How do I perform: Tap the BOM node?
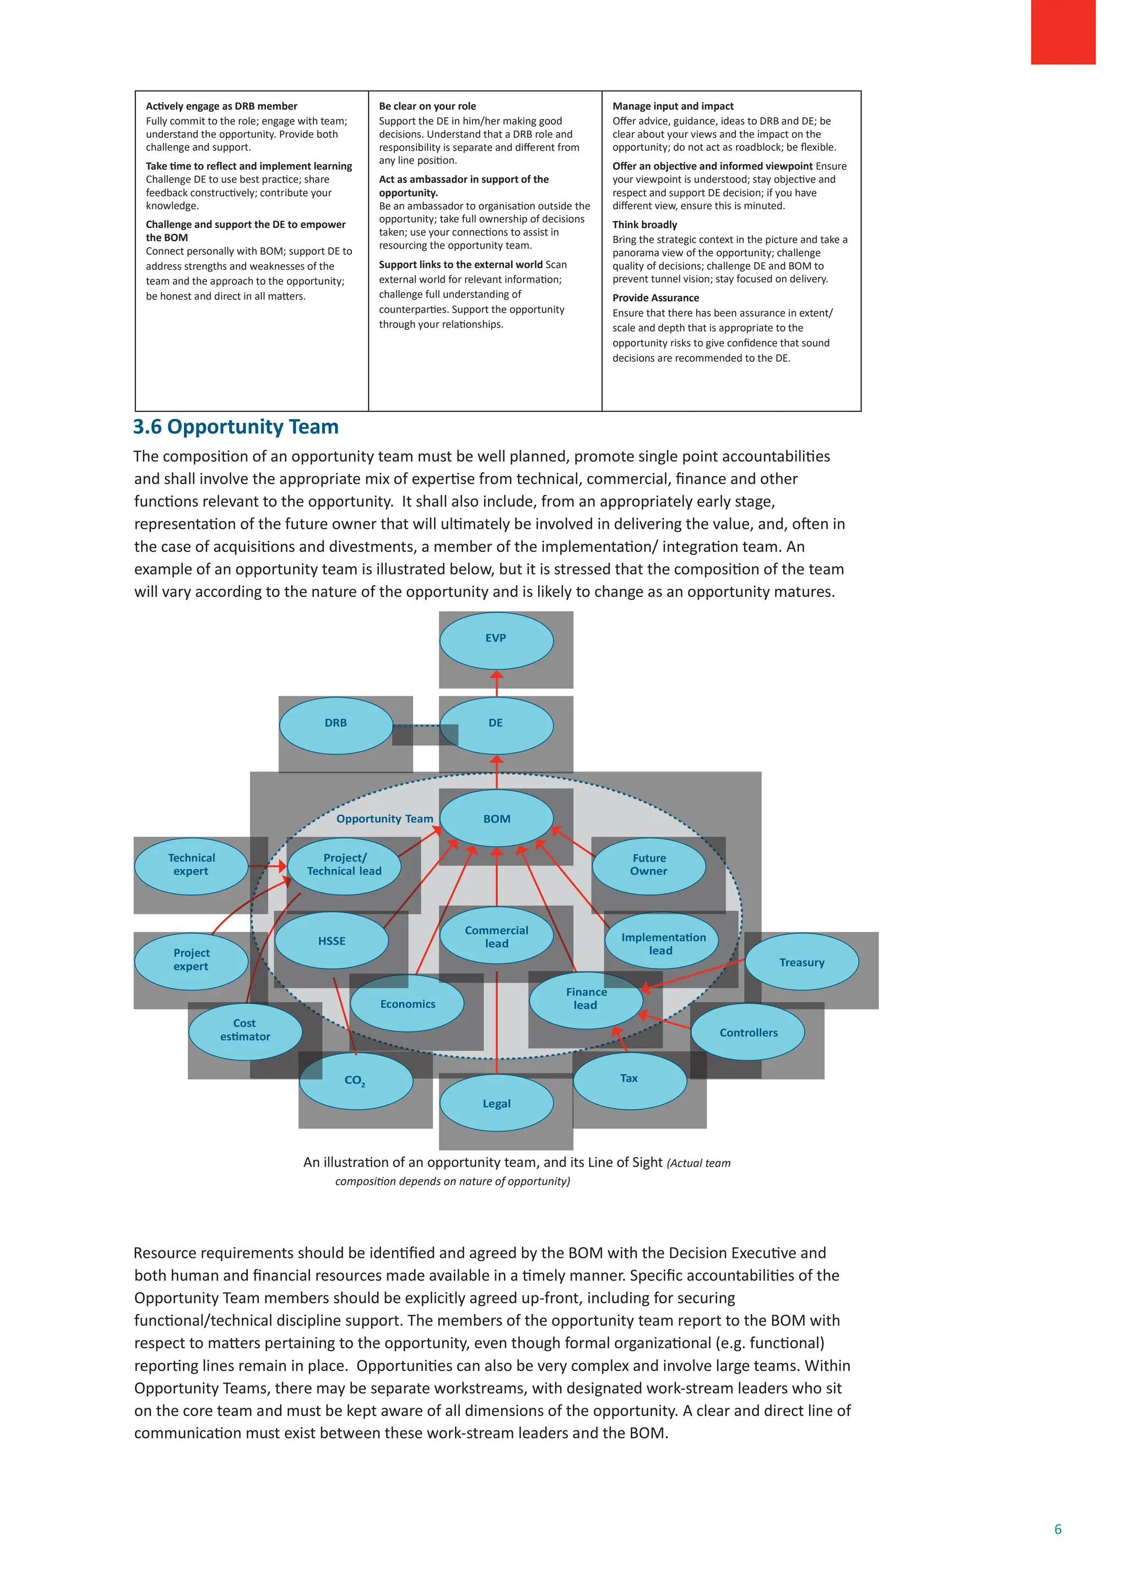[497, 819]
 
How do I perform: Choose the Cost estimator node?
[245, 1030]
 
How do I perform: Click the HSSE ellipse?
[332, 941]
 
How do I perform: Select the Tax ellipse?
[630, 1078]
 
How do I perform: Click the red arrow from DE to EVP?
[497, 683]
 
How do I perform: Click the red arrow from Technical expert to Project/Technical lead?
[268, 866]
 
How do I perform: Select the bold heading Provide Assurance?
[655, 298]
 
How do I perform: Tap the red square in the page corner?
[1062, 32]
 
